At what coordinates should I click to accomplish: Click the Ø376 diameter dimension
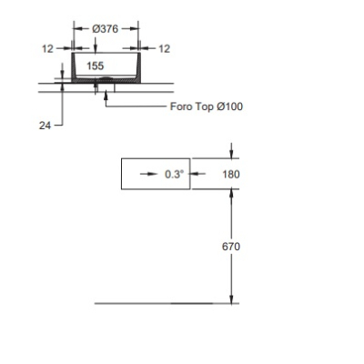(x=105, y=29)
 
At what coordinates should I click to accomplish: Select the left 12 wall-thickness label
(x=47, y=48)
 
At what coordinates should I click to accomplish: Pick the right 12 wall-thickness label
(x=165, y=48)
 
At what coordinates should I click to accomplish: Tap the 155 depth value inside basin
(x=96, y=66)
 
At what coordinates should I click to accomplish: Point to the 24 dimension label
(x=45, y=126)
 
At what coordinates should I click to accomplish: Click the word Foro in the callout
(x=181, y=106)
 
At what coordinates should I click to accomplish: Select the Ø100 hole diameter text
(x=229, y=106)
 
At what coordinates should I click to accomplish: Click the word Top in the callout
(x=204, y=107)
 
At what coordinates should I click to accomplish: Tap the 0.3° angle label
(x=174, y=174)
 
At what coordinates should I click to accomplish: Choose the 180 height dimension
(x=231, y=175)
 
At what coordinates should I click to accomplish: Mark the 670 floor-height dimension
(x=231, y=247)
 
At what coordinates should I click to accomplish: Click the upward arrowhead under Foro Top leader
(x=106, y=94)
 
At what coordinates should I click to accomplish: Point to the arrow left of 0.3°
(x=149, y=174)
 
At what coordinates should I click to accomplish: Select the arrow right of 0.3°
(x=197, y=174)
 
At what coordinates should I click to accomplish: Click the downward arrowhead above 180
(x=231, y=154)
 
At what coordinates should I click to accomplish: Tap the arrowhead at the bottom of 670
(x=231, y=299)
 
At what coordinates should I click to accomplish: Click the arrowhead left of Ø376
(x=78, y=28)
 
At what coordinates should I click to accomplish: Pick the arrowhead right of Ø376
(x=135, y=28)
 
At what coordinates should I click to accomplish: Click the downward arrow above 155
(x=96, y=45)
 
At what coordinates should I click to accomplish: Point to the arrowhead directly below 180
(x=231, y=193)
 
